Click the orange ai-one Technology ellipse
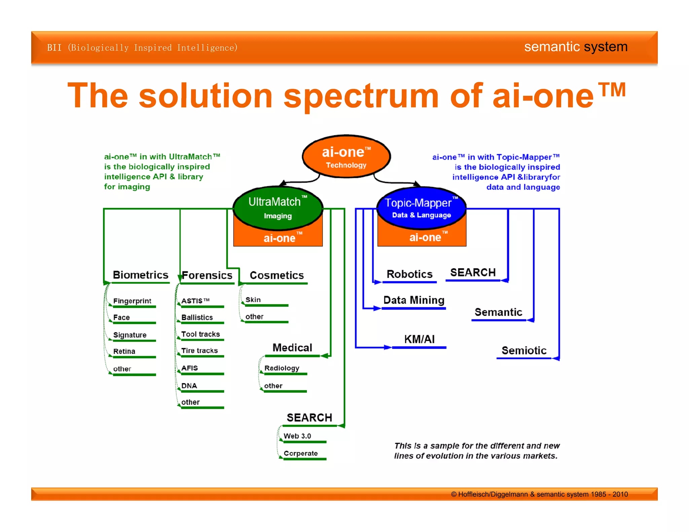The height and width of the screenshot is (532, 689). pyautogui.click(x=346, y=157)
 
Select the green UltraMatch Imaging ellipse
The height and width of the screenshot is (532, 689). pyautogui.click(x=278, y=208)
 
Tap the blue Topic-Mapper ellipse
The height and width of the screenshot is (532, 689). pyautogui.click(x=421, y=208)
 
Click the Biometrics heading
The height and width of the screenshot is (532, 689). pyautogui.click(x=140, y=275)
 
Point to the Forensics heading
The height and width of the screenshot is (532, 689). pyautogui.click(x=207, y=275)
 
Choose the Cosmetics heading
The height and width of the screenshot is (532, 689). pyautogui.click(x=277, y=275)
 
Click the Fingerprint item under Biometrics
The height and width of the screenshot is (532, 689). pyautogui.click(x=132, y=301)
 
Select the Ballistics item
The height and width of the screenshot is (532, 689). pyautogui.click(x=197, y=317)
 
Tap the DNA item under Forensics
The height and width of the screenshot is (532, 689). pyautogui.click(x=189, y=386)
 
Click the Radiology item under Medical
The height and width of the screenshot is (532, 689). pyautogui.click(x=282, y=368)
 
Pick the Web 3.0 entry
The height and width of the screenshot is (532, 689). pyautogui.click(x=297, y=436)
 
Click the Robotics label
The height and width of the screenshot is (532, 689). pyautogui.click(x=409, y=274)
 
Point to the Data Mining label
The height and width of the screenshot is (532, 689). pyautogui.click(x=414, y=300)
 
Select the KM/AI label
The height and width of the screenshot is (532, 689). pyautogui.click(x=419, y=339)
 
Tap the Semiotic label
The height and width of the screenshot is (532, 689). pyautogui.click(x=524, y=351)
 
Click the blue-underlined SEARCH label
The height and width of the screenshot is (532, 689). pyautogui.click(x=473, y=272)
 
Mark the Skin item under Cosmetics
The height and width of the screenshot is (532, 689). pyautogui.click(x=253, y=300)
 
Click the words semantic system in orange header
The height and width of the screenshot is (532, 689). pyautogui.click(x=576, y=47)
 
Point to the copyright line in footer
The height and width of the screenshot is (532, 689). pyautogui.click(x=539, y=494)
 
